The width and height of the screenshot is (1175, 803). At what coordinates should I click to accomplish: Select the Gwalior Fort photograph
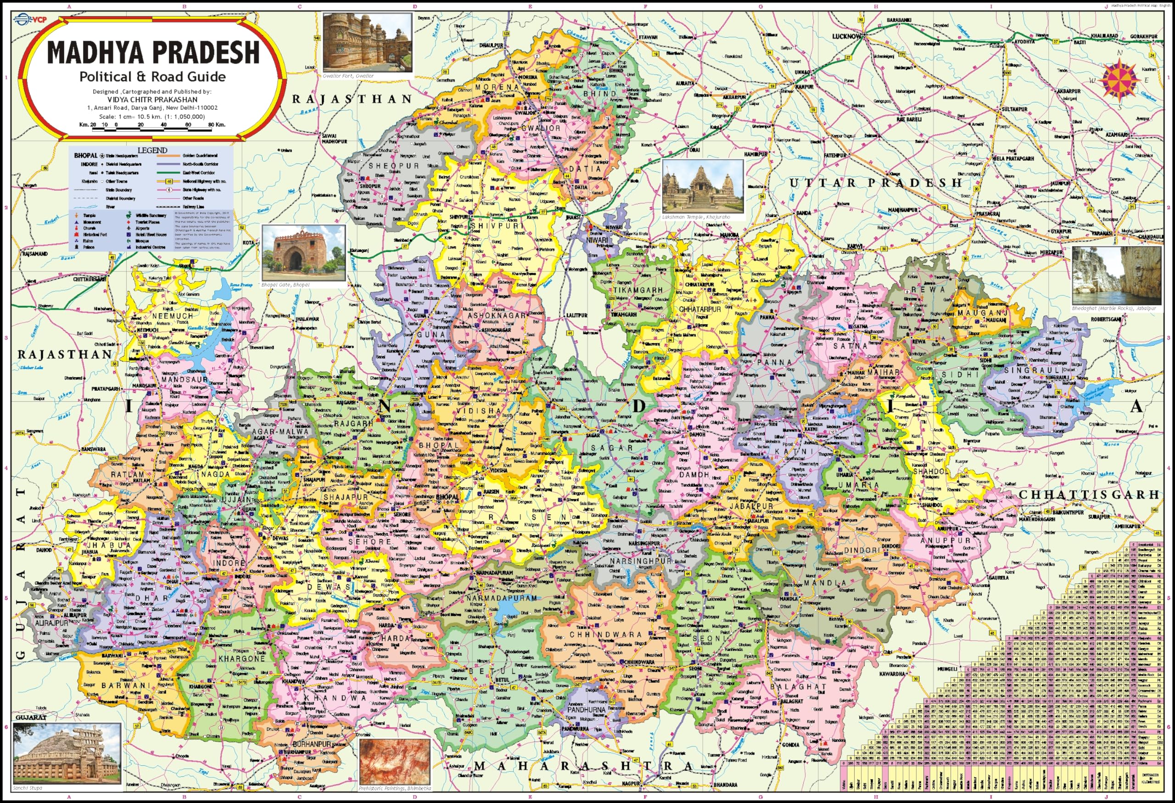(368, 43)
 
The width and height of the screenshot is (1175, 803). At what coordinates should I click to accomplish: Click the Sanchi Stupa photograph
(67, 753)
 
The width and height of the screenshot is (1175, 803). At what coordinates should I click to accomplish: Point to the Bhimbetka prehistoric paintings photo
(394, 762)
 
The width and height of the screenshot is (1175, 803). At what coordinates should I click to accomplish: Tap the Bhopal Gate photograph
(303, 253)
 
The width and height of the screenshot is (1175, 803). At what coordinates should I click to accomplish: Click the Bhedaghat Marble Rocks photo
(1116, 276)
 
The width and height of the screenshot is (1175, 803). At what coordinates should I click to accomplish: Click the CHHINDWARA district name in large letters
(606, 634)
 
